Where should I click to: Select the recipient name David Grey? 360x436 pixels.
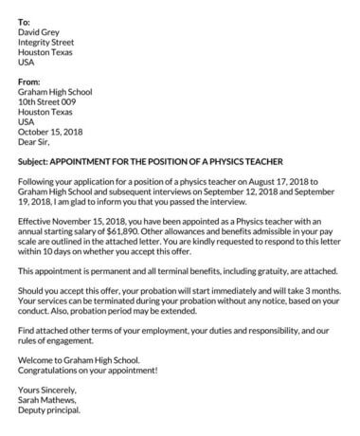point(43,32)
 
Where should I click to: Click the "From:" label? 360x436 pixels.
point(29,82)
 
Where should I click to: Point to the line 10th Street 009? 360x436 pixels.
point(50,102)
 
